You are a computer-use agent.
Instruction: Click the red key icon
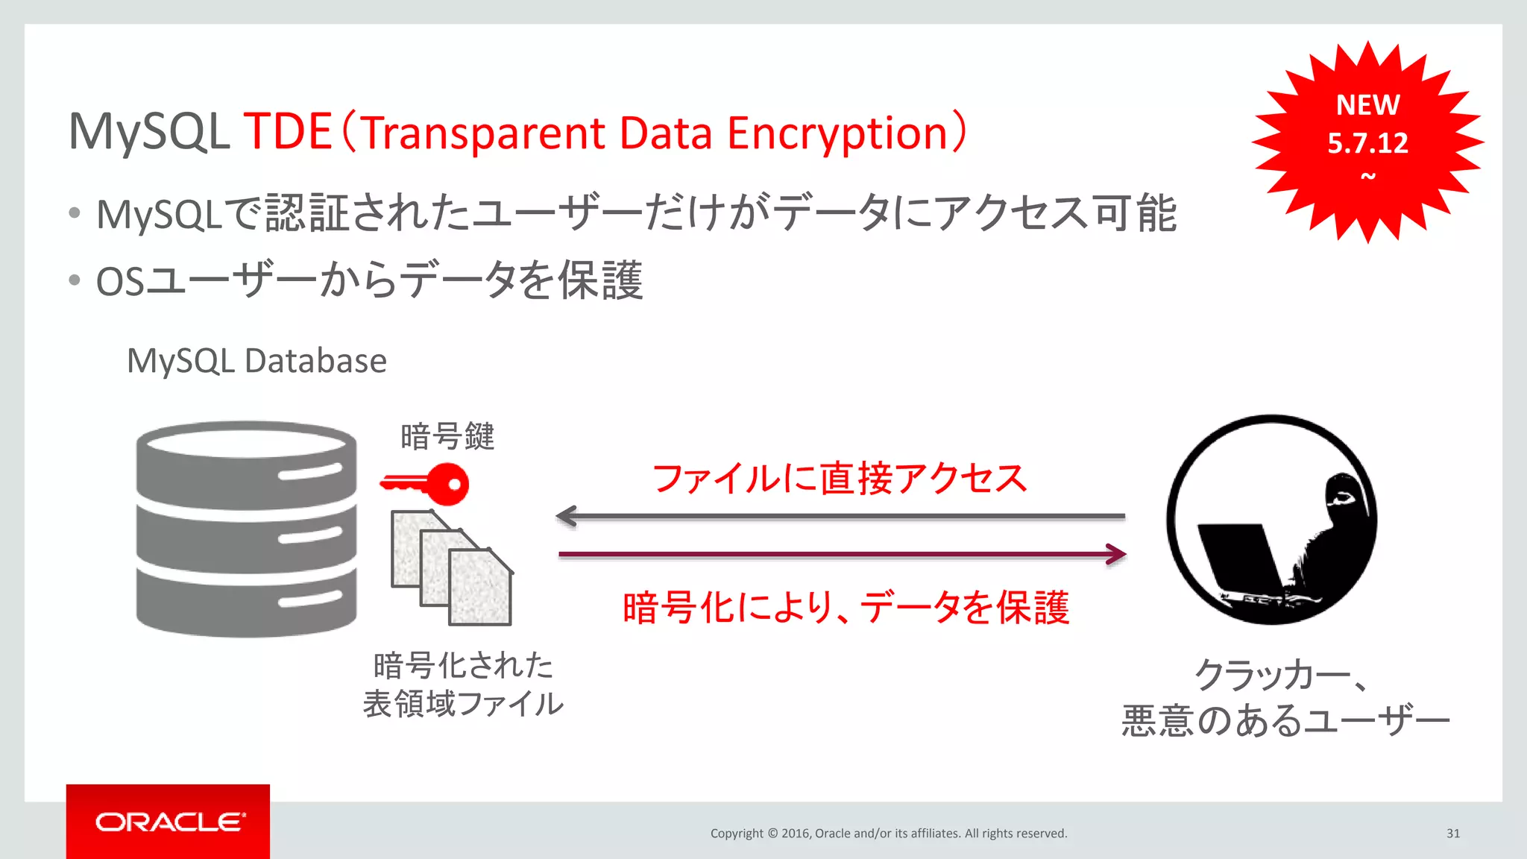[425, 484]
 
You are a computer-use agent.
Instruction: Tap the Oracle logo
[169, 822]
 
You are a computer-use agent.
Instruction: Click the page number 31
[1452, 833]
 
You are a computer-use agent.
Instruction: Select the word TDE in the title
[288, 132]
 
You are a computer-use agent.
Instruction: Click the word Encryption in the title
[837, 133]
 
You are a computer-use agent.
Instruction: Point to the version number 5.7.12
[1367, 143]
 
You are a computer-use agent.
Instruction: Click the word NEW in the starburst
[1367, 105]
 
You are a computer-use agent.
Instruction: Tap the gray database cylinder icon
[246, 529]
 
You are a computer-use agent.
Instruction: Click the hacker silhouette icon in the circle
[1272, 520]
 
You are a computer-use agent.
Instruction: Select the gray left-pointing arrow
[840, 515]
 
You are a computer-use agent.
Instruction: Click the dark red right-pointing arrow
[843, 554]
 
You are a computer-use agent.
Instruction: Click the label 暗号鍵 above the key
[447, 437]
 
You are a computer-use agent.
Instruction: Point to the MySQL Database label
[256, 361]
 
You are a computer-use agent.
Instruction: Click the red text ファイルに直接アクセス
[840, 478]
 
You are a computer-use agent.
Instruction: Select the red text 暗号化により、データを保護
[846, 607]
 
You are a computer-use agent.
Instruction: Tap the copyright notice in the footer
[889, 833]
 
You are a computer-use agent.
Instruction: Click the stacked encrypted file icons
[452, 568]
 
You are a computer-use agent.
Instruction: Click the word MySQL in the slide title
[148, 132]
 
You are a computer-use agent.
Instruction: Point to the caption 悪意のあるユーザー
[1285, 721]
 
